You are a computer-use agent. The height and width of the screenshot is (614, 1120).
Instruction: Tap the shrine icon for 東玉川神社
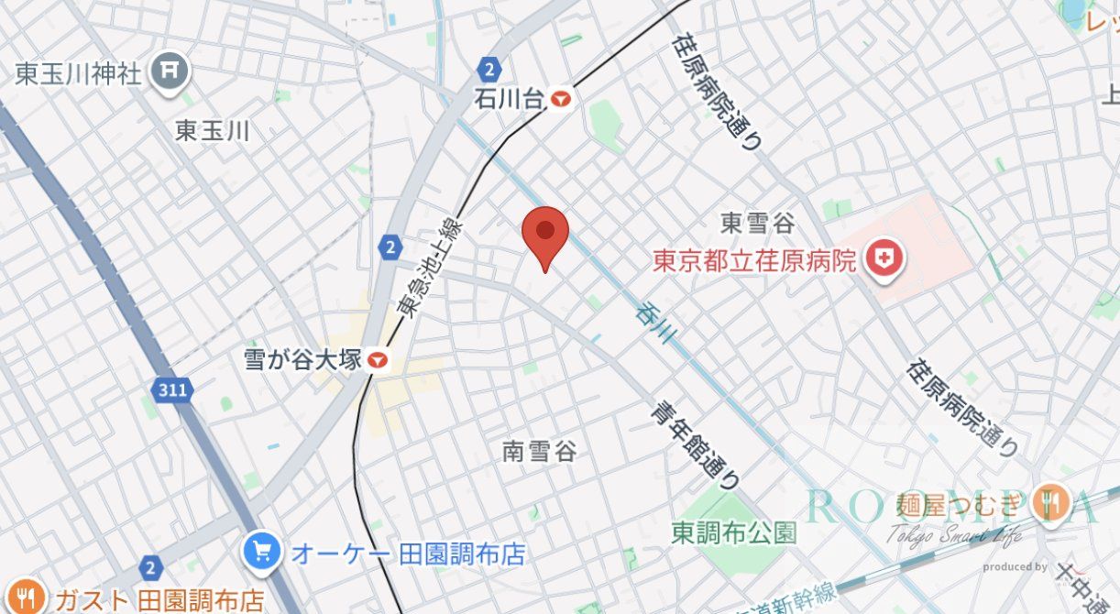[x=170, y=71]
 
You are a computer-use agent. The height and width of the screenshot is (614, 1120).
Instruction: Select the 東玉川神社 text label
[x=79, y=73]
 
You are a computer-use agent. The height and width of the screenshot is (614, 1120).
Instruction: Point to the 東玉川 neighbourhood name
[x=212, y=130]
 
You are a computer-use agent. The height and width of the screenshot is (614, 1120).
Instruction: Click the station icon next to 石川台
[x=562, y=98]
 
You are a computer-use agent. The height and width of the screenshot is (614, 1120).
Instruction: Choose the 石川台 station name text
[x=510, y=98]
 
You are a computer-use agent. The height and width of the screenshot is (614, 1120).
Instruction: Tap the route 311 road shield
[x=170, y=389]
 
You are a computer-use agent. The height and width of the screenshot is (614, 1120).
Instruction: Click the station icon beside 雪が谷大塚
[x=377, y=360]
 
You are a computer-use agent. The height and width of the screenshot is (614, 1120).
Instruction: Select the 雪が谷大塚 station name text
[x=303, y=358]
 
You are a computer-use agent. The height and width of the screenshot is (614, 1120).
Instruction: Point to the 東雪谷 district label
[x=757, y=223]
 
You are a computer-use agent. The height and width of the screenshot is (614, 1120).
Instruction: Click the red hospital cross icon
[x=884, y=260]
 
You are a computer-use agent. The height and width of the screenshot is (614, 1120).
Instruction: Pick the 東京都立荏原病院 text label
[x=754, y=261]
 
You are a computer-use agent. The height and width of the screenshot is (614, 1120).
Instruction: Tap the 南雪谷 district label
[x=540, y=451]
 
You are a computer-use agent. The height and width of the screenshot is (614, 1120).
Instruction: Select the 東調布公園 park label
[x=733, y=532]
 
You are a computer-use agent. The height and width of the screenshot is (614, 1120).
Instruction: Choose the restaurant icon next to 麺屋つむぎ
[x=1052, y=502]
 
